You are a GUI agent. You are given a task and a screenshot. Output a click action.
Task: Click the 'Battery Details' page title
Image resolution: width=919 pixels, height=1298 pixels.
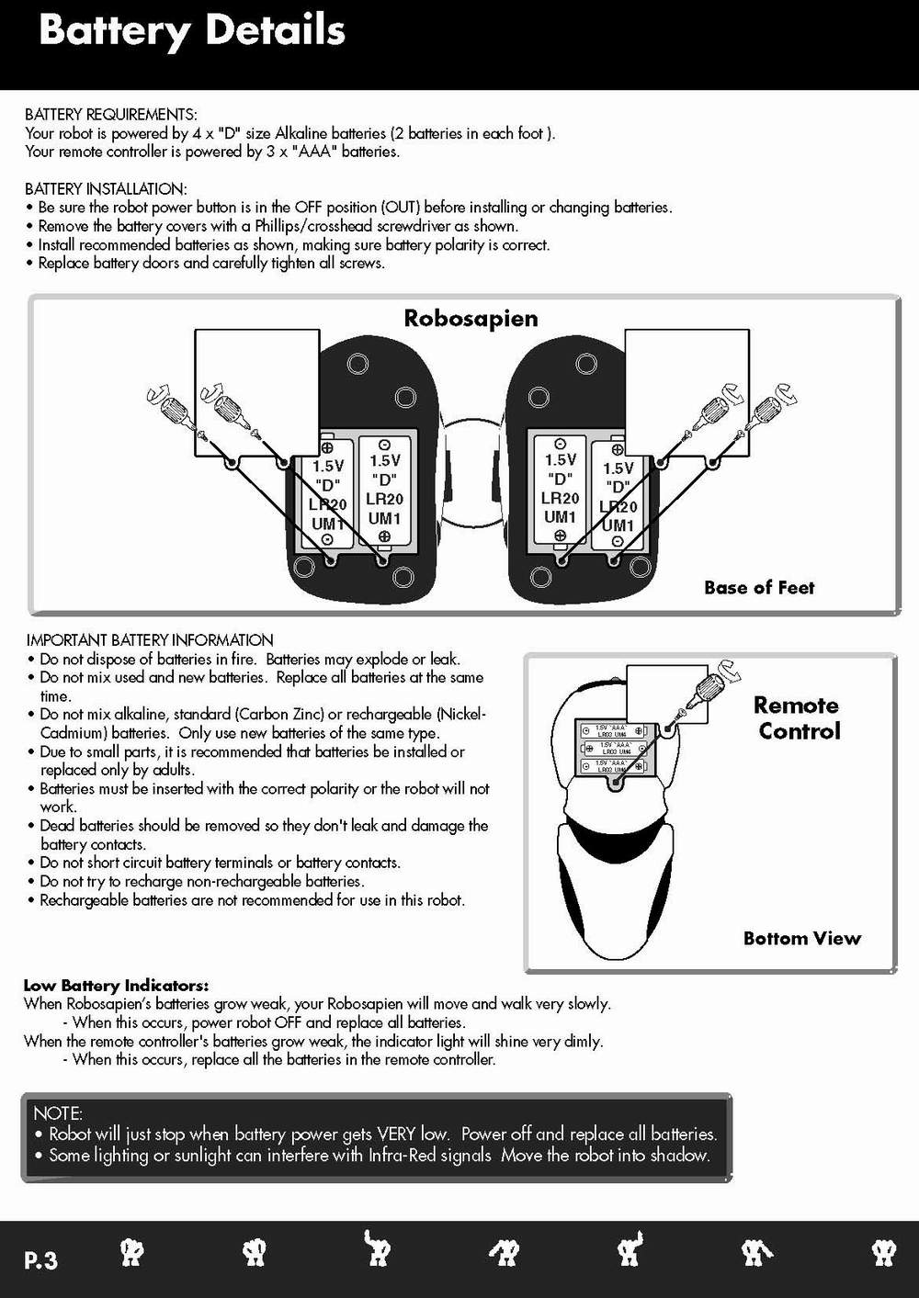click(x=191, y=31)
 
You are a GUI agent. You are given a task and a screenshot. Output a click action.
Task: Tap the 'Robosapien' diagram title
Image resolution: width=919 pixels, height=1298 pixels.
click(x=471, y=319)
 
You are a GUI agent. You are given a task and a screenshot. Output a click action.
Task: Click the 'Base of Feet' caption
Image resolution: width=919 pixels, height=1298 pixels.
click(x=759, y=588)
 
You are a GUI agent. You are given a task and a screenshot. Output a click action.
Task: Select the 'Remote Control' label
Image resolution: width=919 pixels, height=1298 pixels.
click(x=798, y=718)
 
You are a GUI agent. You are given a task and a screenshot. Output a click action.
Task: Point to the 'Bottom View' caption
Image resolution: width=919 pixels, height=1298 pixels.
click(x=801, y=938)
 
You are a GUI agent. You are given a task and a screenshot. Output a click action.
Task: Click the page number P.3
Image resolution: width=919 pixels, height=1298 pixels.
click(x=40, y=1260)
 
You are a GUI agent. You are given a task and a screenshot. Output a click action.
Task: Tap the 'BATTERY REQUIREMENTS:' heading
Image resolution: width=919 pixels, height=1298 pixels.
click(x=110, y=115)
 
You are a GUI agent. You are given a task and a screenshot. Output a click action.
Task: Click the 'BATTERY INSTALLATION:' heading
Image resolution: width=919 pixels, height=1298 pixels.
click(x=106, y=189)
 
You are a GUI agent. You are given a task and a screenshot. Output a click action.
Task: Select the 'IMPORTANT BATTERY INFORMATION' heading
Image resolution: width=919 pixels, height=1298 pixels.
click(x=150, y=640)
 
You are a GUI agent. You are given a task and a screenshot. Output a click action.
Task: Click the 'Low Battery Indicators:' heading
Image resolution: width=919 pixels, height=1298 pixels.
click(x=116, y=986)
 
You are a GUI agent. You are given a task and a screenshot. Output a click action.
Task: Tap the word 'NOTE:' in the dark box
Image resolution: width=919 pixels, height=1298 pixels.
click(x=58, y=1113)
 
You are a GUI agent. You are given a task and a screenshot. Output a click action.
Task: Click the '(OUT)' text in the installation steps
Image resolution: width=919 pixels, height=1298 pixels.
click(x=401, y=208)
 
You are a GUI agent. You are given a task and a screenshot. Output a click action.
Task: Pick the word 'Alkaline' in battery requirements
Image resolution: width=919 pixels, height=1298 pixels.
click(x=301, y=133)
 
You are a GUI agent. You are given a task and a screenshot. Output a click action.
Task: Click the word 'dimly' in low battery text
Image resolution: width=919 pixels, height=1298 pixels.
click(x=581, y=1041)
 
